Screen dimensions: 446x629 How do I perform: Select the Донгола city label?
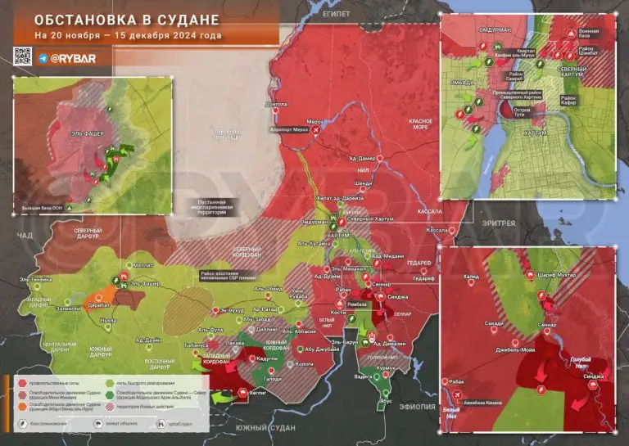(277, 105)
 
